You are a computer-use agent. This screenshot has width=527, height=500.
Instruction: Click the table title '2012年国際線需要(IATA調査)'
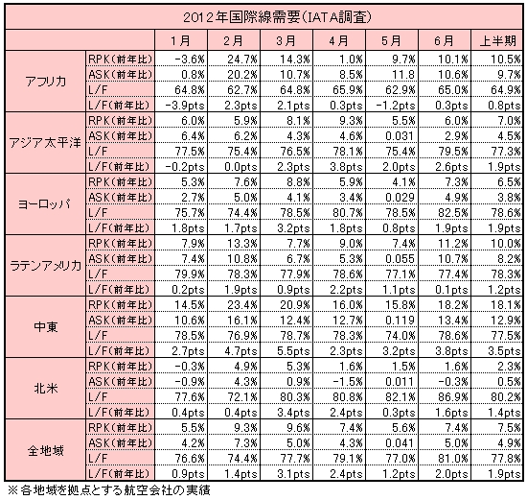tap(278, 17)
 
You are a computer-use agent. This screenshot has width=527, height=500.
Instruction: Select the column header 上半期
tap(497, 40)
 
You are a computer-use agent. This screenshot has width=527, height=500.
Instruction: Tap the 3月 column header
tap(286, 40)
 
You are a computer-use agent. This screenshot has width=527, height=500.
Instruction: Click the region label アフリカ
tap(45, 82)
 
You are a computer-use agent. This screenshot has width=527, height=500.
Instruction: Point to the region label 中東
tap(46, 326)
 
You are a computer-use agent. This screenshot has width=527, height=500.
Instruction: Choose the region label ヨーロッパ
tap(44, 203)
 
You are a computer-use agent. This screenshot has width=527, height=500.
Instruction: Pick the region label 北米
tap(46, 389)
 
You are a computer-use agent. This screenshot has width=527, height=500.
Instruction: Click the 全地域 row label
tap(46, 450)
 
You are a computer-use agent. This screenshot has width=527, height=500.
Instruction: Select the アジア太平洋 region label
tap(45, 143)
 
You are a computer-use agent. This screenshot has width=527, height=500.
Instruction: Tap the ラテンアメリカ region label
tap(45, 265)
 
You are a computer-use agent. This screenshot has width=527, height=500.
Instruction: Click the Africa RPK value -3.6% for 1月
tap(190, 60)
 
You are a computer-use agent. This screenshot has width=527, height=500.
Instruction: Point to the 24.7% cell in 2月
tap(242, 60)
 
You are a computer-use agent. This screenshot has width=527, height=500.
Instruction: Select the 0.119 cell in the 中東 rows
tap(400, 320)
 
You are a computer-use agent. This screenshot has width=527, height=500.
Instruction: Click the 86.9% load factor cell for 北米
tap(452, 396)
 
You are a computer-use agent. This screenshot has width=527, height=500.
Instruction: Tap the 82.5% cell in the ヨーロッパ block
tap(452, 212)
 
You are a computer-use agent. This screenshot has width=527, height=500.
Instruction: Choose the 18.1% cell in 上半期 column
tap(506, 305)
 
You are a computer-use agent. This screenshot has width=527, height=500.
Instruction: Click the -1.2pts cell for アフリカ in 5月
tap(395, 106)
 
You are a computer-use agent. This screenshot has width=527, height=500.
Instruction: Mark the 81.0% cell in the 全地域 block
tap(452, 458)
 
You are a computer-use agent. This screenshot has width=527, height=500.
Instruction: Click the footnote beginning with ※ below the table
tap(108, 489)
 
